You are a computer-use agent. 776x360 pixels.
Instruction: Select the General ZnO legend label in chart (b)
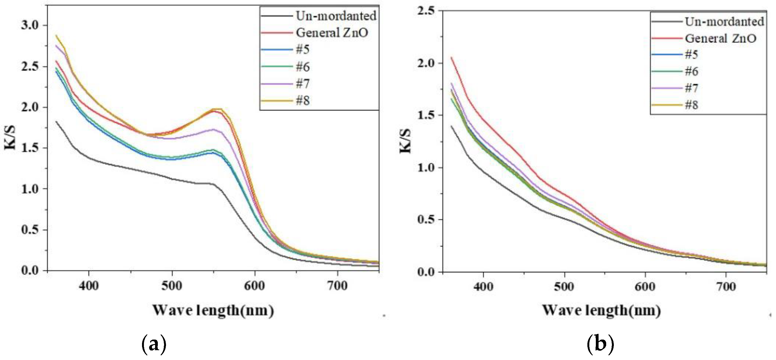pos(720,38)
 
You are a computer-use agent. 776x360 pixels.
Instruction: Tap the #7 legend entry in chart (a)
pos(303,84)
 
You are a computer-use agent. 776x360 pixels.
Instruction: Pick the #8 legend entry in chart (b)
pos(692,105)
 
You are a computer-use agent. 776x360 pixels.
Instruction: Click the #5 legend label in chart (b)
pos(692,55)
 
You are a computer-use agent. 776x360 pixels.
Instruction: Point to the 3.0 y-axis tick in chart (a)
pos(30,25)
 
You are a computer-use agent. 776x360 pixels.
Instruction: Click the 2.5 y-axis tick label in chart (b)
pos(426,11)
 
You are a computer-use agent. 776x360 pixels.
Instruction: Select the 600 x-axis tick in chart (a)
pos(255,286)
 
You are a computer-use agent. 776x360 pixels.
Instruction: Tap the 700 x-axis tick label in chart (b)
pos(726,286)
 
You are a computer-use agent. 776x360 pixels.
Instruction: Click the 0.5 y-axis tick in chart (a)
pos(30,230)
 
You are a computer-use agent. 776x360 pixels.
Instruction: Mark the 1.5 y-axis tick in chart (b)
pos(426,115)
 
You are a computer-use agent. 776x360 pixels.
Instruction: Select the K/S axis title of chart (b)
pos(405,141)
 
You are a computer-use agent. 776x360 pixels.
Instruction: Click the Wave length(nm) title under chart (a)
pos(213,311)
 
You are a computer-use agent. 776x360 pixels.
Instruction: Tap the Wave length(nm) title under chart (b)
pos(602,311)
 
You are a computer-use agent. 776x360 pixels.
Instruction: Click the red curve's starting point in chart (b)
pos(451,57)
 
